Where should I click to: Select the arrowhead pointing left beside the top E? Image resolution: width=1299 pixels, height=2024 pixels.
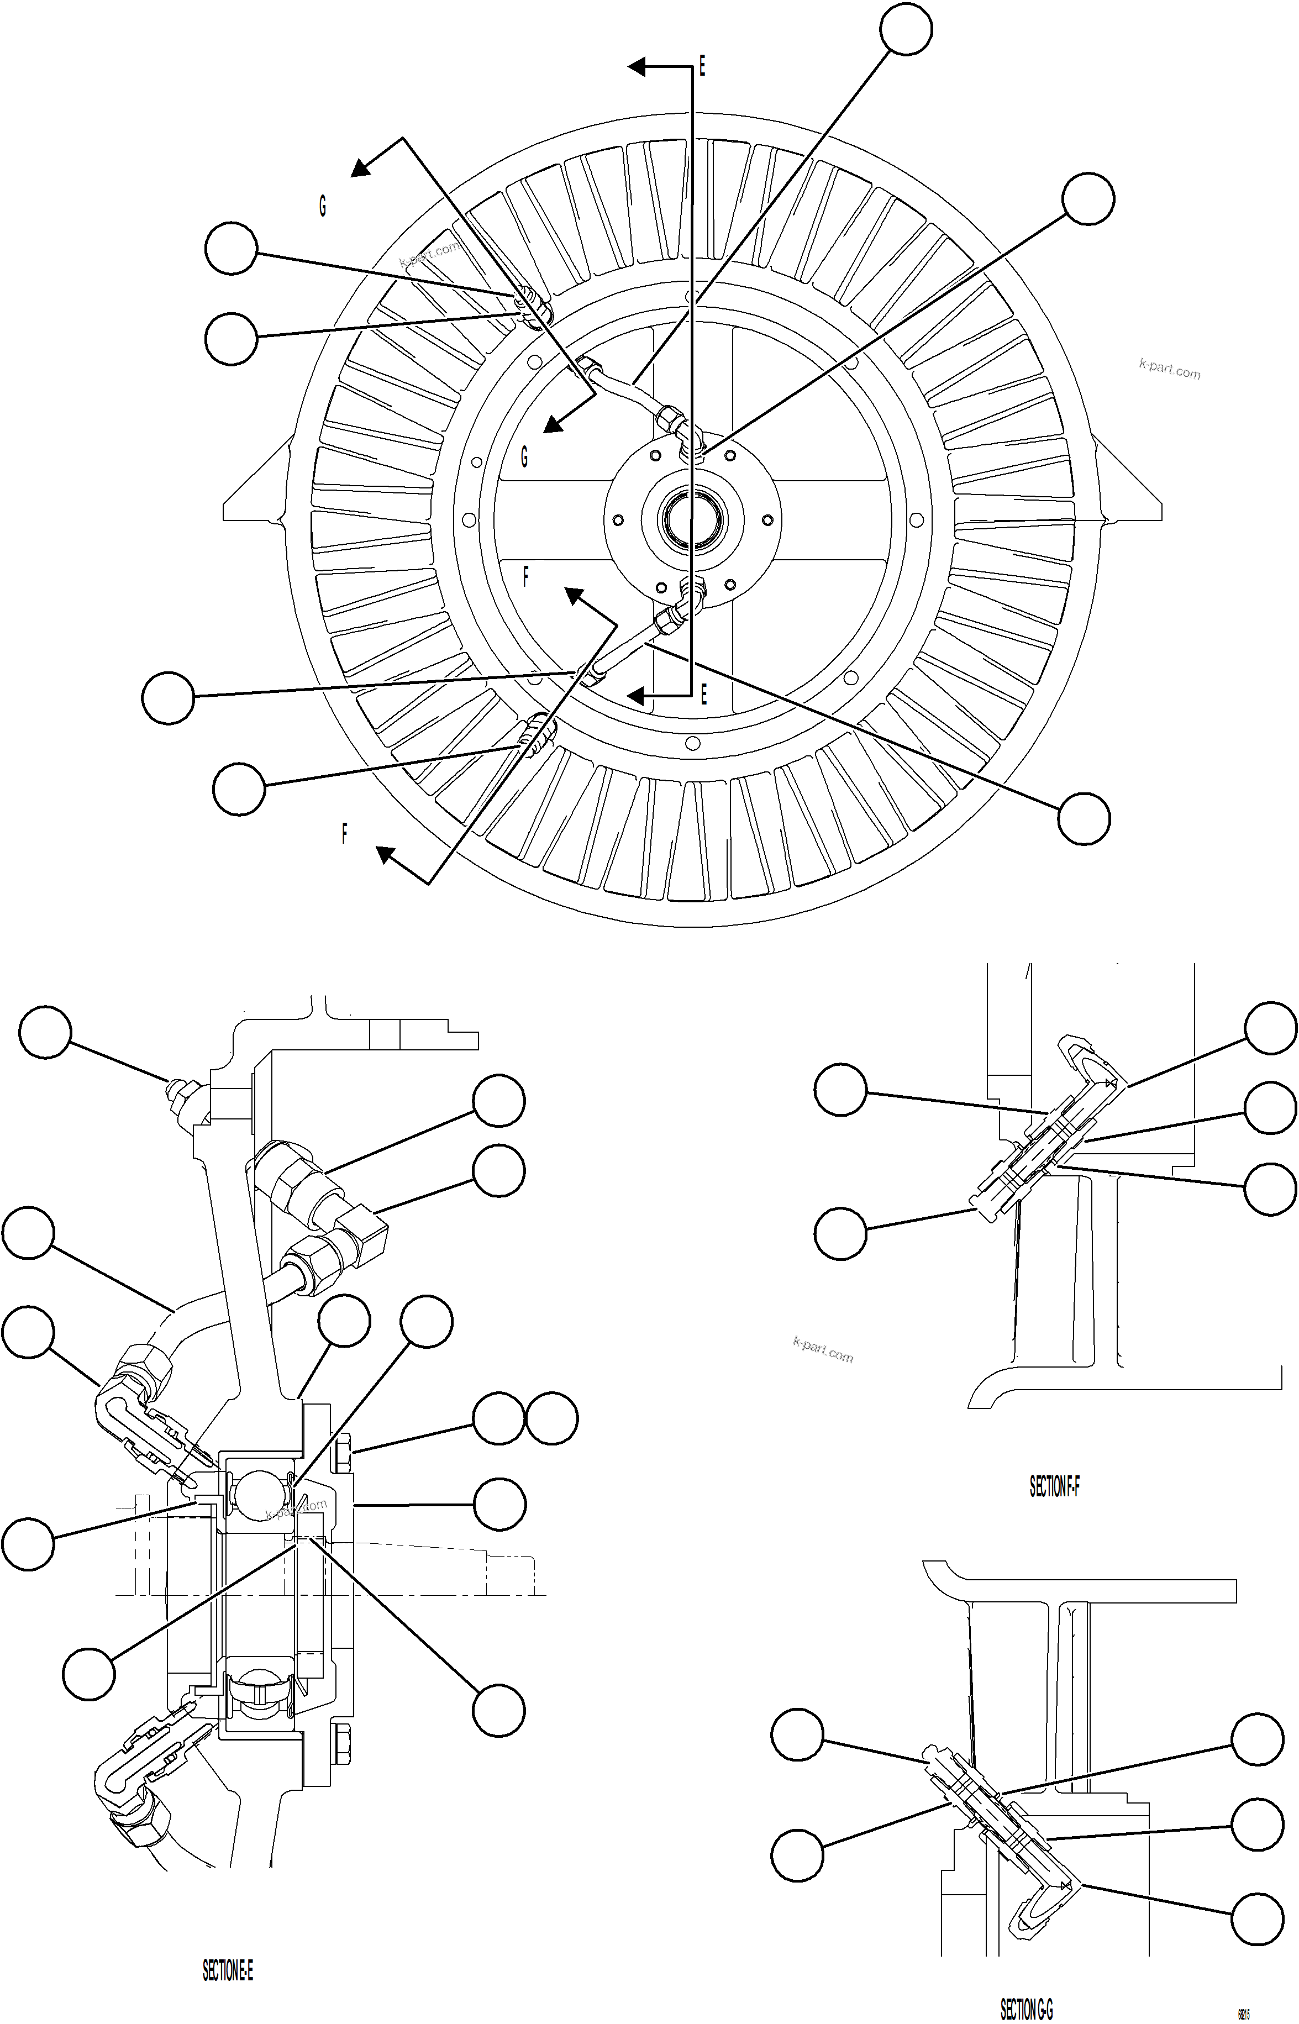638,66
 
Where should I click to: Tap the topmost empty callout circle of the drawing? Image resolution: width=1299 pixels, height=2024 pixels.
906,29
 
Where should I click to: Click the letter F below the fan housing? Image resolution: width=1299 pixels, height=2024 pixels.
344,834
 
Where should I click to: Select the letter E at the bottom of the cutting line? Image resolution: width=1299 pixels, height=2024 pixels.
703,694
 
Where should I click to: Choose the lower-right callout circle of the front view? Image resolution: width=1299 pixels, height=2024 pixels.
1084,818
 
